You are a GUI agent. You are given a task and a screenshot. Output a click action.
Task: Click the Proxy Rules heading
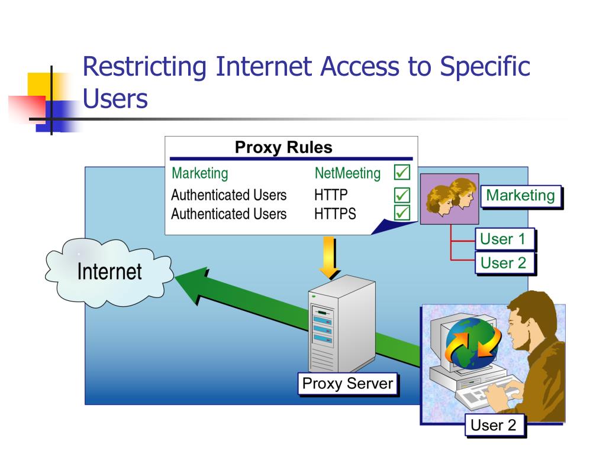283,147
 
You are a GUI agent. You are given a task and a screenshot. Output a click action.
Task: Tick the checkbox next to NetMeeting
402,173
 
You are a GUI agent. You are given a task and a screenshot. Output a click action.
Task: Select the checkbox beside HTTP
402,194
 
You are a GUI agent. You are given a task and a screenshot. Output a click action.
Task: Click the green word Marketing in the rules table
199,174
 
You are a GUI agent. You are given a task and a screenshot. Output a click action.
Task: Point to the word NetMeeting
347,174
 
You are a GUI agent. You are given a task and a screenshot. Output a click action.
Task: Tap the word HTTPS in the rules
335,213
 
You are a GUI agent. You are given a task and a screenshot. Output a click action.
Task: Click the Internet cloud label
109,272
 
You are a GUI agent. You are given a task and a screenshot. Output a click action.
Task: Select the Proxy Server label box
347,384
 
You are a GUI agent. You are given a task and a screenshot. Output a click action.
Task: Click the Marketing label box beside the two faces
520,196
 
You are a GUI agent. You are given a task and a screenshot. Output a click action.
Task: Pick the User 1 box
504,239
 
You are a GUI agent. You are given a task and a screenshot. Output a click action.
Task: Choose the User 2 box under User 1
504,262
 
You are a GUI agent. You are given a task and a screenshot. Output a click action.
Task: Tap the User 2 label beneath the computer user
494,424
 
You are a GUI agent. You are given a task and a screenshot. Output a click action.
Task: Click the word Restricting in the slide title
144,67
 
